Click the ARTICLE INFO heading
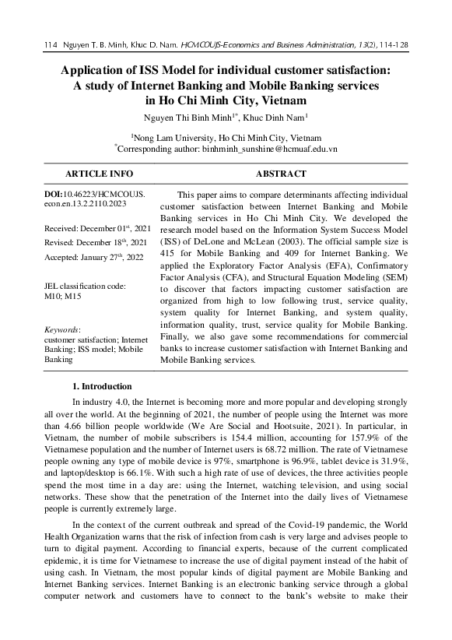tap(99, 174)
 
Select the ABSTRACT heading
tap(280, 174)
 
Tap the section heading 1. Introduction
tap(101, 386)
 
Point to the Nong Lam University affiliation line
tap(225, 135)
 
